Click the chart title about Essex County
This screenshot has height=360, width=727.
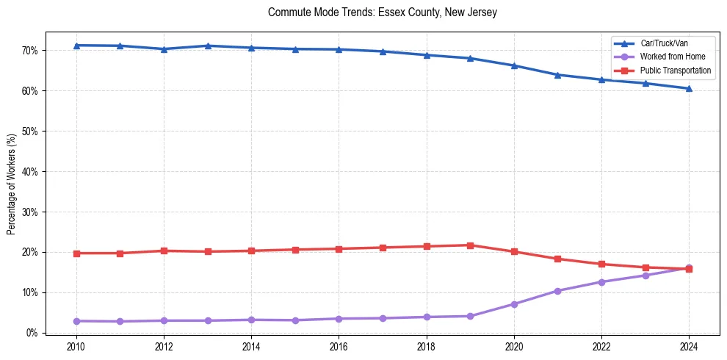tap(383, 12)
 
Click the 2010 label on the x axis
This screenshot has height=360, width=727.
tap(76, 347)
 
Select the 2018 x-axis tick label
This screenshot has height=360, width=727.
tap(426, 347)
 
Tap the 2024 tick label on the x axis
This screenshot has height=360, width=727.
tap(689, 347)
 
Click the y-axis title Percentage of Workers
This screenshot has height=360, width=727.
tap(11, 184)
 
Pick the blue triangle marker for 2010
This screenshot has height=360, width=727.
tap(76, 46)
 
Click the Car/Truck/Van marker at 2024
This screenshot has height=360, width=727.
tap(689, 88)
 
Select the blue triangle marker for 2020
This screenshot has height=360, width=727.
tap(514, 65)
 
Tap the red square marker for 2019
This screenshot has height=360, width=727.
tap(470, 245)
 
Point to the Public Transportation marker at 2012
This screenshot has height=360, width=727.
tap(164, 251)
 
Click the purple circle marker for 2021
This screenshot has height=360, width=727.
tap(557, 291)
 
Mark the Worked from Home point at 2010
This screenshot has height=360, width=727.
tap(76, 321)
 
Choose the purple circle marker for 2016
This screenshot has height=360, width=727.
tap(339, 319)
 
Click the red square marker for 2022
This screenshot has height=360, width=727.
tap(601, 264)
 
